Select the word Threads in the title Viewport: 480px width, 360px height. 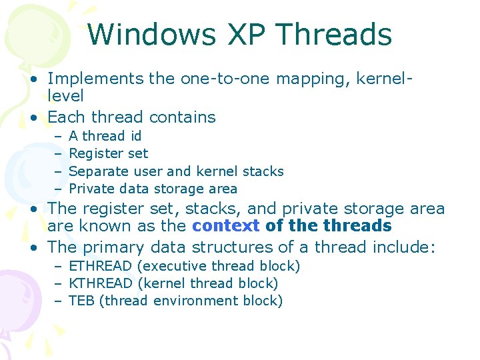click(334, 34)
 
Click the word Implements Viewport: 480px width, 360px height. click(95, 79)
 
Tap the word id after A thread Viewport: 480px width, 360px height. click(135, 136)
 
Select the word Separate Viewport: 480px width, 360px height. click(97, 171)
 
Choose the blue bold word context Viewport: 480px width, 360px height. click(225, 225)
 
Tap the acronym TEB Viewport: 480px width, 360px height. click(81, 301)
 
